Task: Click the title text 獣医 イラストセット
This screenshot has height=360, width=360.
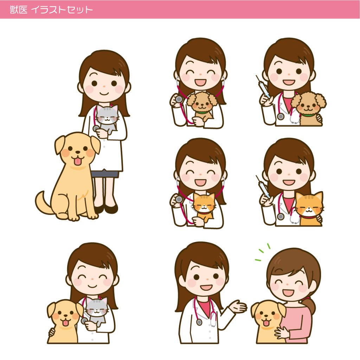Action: coord(51,10)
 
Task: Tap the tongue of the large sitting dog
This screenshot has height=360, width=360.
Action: coord(78,161)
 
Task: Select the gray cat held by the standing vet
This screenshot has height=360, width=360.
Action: coord(107,120)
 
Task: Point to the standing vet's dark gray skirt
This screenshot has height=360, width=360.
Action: coord(105,174)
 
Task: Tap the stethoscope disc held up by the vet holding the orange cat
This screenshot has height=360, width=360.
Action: coord(179,199)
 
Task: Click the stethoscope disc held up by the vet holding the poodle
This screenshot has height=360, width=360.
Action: coord(179,99)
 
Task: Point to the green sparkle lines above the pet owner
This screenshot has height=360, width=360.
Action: coord(263,252)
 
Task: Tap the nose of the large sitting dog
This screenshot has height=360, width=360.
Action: coord(78,152)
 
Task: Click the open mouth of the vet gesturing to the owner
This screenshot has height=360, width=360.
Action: coord(206,288)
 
